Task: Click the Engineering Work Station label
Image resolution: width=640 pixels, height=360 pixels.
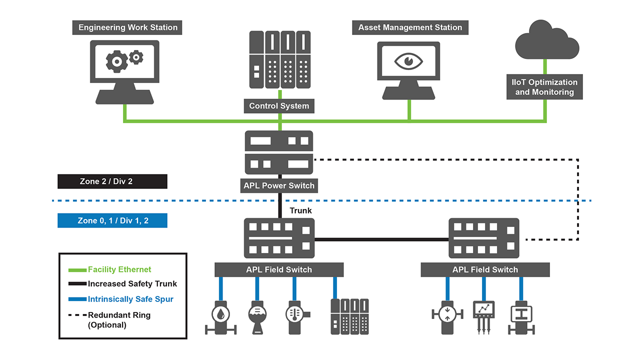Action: pyautogui.click(x=128, y=27)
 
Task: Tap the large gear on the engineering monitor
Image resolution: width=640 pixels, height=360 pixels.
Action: pyautogui.click(x=117, y=62)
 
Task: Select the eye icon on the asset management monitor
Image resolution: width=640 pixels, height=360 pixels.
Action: pyautogui.click(x=408, y=61)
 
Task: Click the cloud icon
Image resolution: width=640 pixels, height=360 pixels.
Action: pyautogui.click(x=546, y=41)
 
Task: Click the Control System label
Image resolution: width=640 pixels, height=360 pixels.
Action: pyautogui.click(x=279, y=106)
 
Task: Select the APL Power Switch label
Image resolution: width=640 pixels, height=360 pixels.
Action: pyautogui.click(x=279, y=185)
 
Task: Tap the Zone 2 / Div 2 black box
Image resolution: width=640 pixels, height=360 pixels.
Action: pyautogui.click(x=112, y=181)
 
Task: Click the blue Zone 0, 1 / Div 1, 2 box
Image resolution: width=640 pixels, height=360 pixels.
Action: pyautogui.click(x=112, y=220)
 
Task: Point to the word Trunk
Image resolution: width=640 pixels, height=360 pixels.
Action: pyautogui.click(x=300, y=210)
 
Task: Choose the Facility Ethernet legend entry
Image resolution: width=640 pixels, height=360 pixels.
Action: pyautogui.click(x=119, y=269)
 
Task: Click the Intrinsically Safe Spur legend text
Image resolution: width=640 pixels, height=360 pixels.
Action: pyautogui.click(x=131, y=299)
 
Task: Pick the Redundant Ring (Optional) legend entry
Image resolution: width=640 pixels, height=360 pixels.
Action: pyautogui.click(x=119, y=319)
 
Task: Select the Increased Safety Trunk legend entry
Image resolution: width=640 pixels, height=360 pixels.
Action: pyautogui.click(x=132, y=284)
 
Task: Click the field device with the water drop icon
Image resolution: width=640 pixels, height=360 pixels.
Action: pyautogui.click(x=220, y=315)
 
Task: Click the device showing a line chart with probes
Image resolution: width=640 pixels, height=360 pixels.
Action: pyautogui.click(x=483, y=312)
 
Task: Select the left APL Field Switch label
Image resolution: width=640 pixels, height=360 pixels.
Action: pyautogui.click(x=279, y=269)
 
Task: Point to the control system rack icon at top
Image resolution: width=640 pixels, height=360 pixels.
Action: pyautogui.click(x=279, y=60)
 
